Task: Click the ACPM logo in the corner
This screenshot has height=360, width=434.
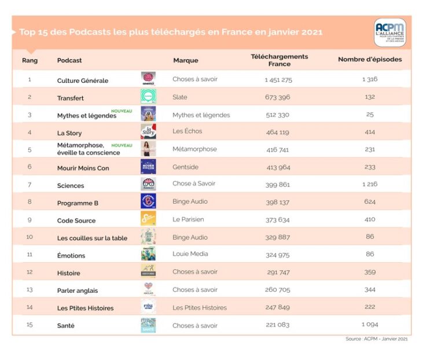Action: point(390,32)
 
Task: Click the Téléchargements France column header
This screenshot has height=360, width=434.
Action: point(279,60)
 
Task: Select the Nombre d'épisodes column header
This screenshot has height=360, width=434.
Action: point(370,59)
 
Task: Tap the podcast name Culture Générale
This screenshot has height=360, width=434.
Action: point(83,80)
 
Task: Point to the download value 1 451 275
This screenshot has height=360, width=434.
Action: point(278,79)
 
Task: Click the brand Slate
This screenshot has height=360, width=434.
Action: point(180,97)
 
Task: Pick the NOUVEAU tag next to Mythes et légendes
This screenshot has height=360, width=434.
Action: point(122,111)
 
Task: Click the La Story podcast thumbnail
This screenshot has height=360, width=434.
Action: point(148,131)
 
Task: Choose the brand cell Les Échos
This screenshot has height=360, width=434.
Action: point(187,131)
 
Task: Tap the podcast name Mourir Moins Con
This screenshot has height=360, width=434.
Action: point(83,168)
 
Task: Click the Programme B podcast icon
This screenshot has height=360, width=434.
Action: point(148,201)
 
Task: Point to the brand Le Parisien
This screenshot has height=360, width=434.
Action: point(188,219)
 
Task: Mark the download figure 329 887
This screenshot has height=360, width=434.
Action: point(278,237)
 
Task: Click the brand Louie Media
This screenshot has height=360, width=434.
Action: point(190,254)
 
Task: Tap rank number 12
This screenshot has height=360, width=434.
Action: point(30,272)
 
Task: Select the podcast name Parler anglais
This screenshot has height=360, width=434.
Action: point(78,291)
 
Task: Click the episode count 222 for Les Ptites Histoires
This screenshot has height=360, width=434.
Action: point(370,307)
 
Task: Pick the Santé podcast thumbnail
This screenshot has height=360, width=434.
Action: point(148,325)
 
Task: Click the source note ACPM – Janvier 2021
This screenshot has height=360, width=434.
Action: point(377,339)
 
